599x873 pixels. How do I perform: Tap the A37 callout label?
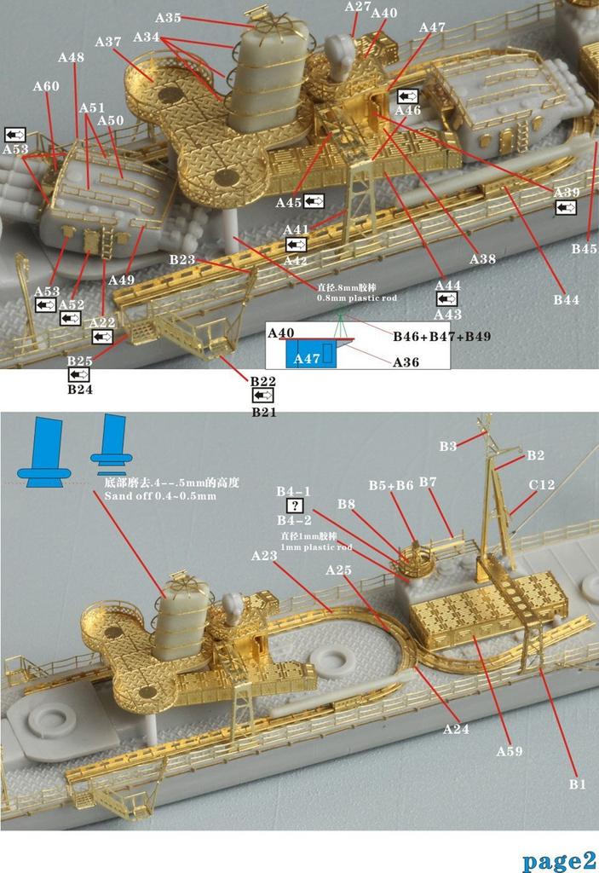108,42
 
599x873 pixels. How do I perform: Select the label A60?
46,86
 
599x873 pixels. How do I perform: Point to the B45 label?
585,249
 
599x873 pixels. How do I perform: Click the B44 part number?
566,299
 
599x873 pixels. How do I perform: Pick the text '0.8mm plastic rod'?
356,298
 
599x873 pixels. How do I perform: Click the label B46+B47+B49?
441,337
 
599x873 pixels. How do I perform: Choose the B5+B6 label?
390,485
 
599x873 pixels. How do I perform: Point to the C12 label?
541,485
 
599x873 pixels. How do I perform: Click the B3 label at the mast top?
447,446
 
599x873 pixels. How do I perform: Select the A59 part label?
510,751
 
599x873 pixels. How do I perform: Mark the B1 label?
577,784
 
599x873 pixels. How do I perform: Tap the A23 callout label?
265,555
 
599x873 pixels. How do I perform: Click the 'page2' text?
557,859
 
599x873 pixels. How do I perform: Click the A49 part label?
122,279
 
